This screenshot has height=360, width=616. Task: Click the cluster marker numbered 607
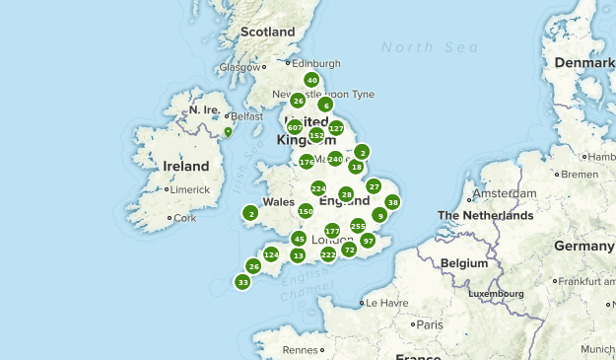pos(295,127)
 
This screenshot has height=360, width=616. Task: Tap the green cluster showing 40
pos(312,81)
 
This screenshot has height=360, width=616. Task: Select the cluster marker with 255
pos(358,226)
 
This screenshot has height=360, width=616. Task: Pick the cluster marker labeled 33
pos(242,282)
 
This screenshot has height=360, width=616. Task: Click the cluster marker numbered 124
pos(271,255)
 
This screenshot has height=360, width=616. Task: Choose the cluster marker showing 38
pos(392,202)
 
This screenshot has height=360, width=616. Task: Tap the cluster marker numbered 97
pos(368,241)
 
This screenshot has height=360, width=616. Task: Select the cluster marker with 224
pos(318,188)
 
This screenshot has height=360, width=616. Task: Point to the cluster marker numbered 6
pos(325,105)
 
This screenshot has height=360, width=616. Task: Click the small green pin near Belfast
pos(228,130)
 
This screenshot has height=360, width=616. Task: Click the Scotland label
pos(268,32)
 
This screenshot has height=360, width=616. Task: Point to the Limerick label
pos(190,189)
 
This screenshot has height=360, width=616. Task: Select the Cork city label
pos(183,218)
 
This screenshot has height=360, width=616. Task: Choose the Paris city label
pos(429,324)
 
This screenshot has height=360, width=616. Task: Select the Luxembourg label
pos(495,293)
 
